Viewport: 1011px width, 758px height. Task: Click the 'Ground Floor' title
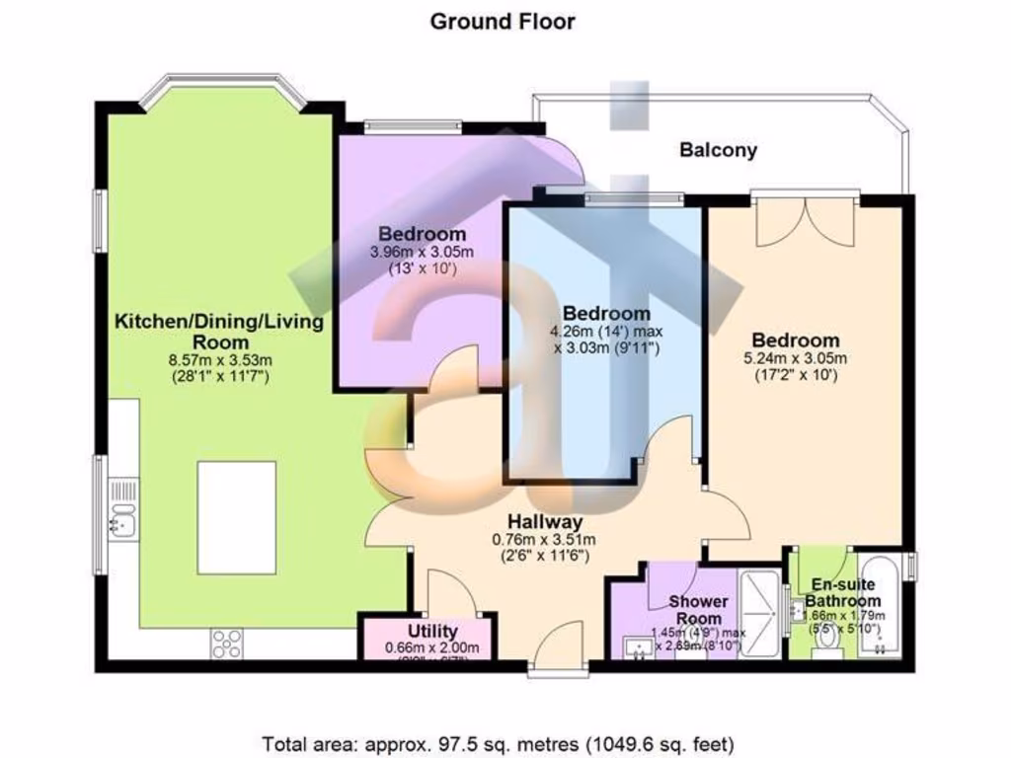(x=503, y=21)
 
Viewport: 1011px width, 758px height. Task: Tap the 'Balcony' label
(x=718, y=150)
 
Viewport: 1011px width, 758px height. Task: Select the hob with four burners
(x=226, y=643)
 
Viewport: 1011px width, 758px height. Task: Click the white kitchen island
(x=236, y=516)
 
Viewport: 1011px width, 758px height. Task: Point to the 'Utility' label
(x=432, y=632)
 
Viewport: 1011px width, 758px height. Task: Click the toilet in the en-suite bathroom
(x=827, y=644)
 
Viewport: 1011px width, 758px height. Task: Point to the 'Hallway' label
(x=545, y=521)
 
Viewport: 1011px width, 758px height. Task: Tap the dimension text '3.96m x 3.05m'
(x=422, y=253)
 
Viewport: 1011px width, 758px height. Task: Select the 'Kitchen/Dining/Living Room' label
(x=220, y=332)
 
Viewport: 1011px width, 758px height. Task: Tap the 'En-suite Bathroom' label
(x=841, y=591)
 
